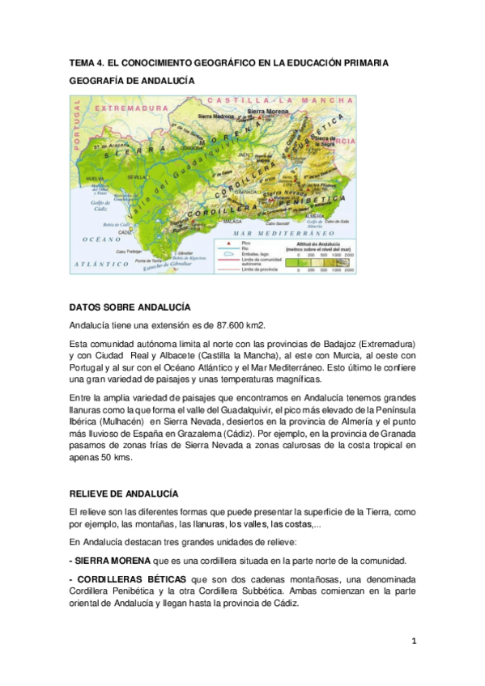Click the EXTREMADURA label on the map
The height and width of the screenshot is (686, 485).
coord(131,107)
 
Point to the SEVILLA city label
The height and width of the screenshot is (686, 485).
coord(137,176)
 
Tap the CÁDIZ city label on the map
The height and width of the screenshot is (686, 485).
coord(126,232)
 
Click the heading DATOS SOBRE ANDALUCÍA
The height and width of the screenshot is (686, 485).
coord(130,307)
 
